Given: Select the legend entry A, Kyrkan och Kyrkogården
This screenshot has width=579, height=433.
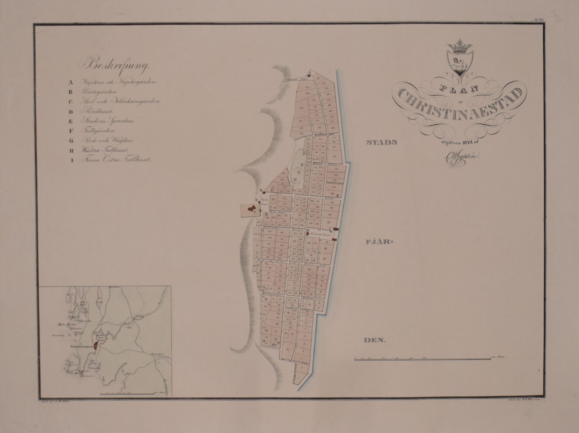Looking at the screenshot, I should pyautogui.click(x=118, y=82).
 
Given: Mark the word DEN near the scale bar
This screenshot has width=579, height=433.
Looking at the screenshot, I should pyautogui.click(x=375, y=341).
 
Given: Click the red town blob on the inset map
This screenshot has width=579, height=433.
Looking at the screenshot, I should pyautogui.click(x=97, y=346).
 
